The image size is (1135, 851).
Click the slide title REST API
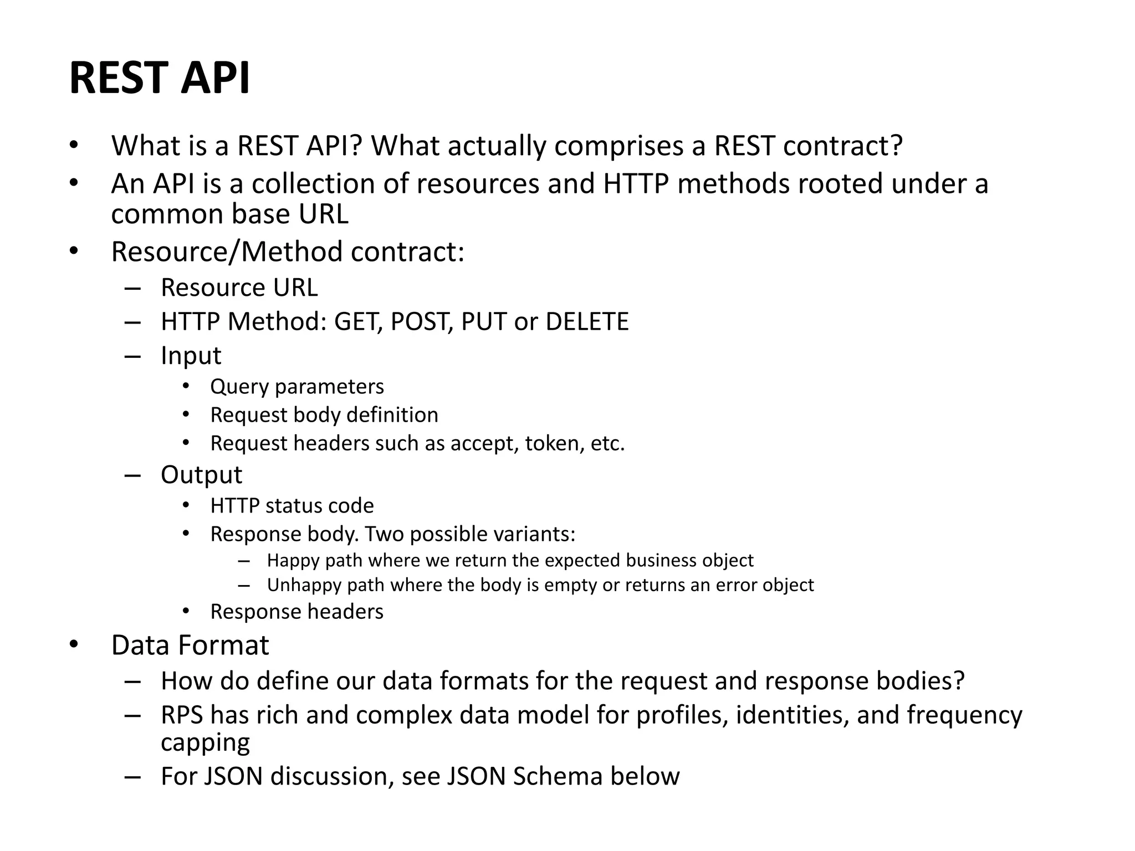(160, 78)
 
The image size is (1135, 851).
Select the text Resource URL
(239, 288)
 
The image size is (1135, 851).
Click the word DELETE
(587, 322)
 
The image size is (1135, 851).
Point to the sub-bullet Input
(191, 356)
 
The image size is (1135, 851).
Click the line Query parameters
(296, 387)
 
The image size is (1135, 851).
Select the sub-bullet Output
(201, 475)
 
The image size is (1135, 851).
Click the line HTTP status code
(292, 506)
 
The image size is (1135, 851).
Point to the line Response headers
(296, 612)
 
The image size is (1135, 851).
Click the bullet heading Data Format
(190, 645)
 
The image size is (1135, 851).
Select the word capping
(205, 742)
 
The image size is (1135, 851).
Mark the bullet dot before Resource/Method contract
(74, 252)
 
